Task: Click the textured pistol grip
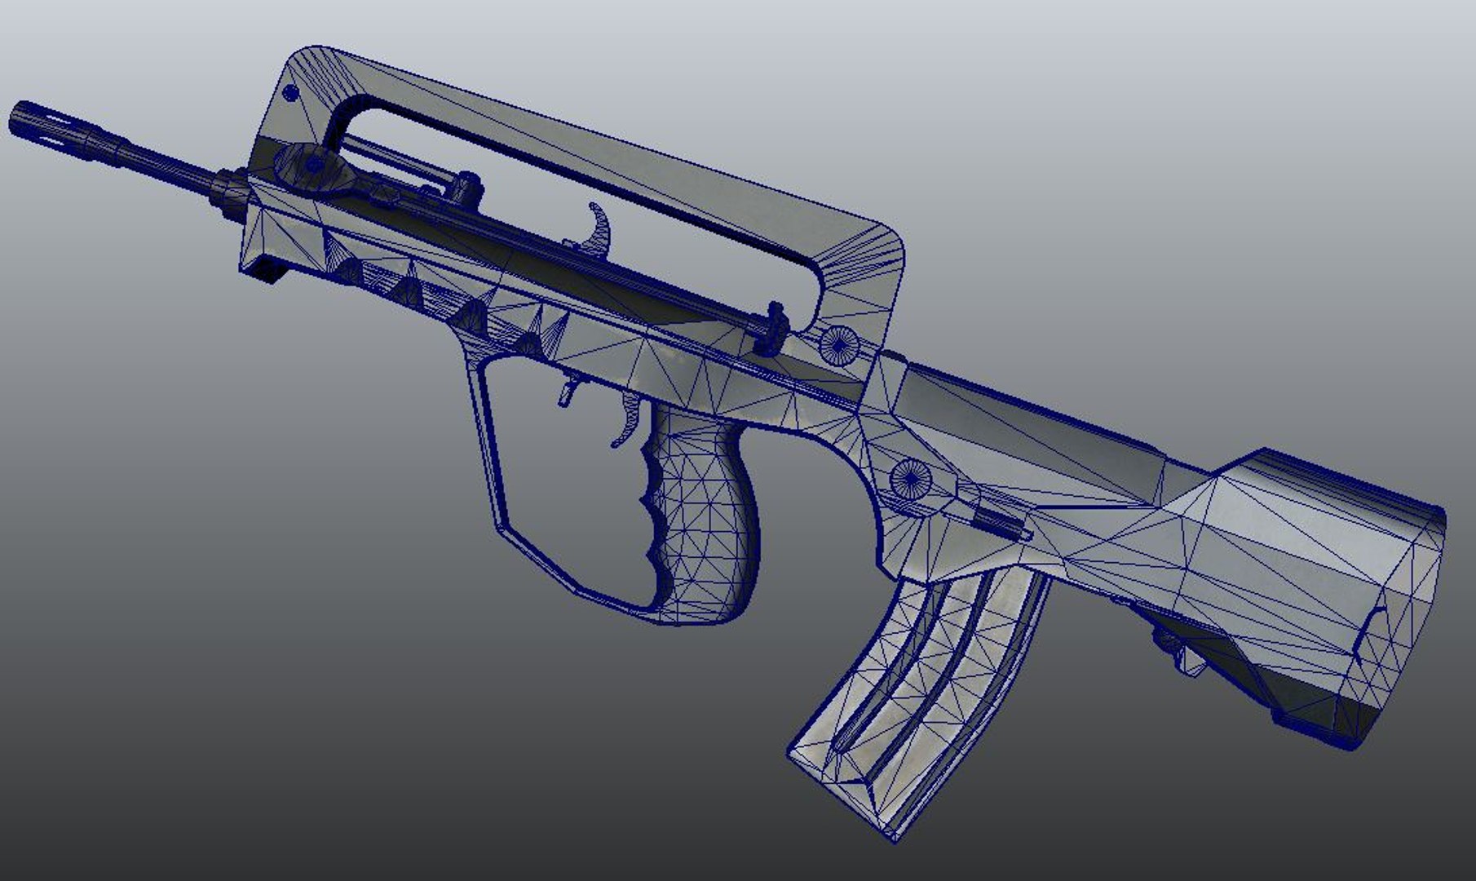[x=702, y=522]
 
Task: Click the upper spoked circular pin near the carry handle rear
[x=839, y=344]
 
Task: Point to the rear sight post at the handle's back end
[x=773, y=326]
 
